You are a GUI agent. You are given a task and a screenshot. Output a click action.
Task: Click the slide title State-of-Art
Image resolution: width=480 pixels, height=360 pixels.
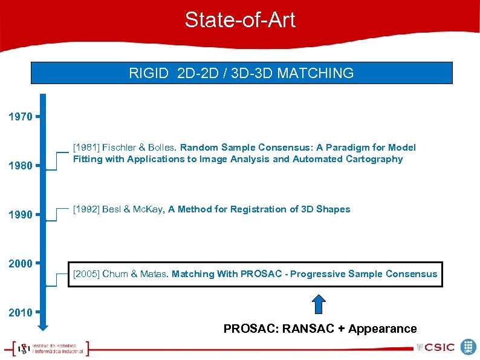pos(240,20)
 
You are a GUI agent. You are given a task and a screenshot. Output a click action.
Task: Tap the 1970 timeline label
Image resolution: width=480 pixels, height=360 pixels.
pos(21,116)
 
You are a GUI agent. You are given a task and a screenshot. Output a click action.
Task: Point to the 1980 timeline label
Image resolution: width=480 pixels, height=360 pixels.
pos(21,165)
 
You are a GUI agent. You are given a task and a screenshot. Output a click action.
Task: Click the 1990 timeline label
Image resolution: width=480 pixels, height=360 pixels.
pos(21,215)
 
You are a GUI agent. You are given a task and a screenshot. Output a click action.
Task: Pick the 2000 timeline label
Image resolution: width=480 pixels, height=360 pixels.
pos(21,264)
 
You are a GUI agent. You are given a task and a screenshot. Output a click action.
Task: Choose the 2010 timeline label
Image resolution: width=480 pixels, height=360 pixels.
pos(21,313)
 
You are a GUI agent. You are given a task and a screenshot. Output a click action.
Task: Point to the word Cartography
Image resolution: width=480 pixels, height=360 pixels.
pos(374,159)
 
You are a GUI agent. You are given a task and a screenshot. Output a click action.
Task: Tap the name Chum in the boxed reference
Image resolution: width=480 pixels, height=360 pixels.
pos(115,274)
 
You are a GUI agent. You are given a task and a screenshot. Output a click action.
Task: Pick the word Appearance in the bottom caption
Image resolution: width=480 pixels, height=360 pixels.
pos(383,329)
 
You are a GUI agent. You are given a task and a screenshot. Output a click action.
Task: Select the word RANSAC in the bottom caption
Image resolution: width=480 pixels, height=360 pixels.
pos(303,329)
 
